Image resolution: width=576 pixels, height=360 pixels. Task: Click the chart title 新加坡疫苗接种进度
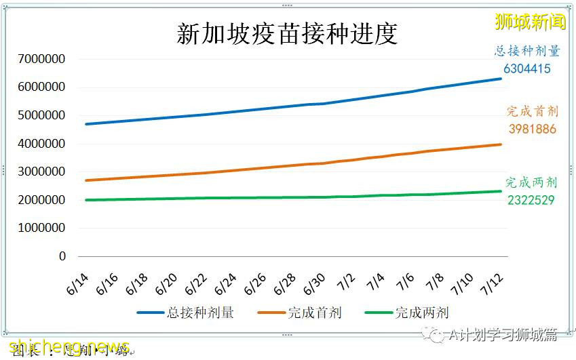[287, 34]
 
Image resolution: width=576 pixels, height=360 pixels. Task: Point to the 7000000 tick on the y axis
[42, 59]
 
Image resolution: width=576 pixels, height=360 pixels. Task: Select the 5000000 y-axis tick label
[42, 115]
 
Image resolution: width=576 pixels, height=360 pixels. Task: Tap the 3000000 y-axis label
[42, 172]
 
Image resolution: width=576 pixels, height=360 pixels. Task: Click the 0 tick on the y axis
[62, 256]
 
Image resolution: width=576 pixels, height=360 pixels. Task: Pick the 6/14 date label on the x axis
[77, 279]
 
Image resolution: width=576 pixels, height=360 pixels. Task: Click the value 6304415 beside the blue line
[527, 68]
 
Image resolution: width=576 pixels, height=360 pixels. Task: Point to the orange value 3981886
[532, 129]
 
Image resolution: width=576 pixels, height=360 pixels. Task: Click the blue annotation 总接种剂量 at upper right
[526, 51]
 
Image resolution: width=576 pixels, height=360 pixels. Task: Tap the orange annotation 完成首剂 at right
[532, 112]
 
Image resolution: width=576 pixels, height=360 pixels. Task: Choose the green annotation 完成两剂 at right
[532, 182]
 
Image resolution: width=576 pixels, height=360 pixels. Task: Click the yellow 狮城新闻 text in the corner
[531, 22]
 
